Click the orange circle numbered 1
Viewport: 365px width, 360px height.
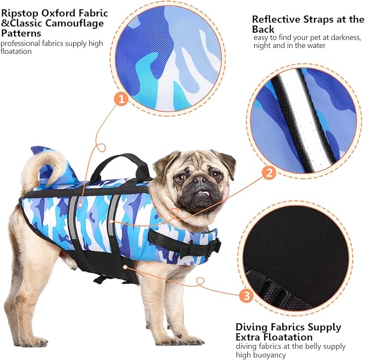tap(121, 99)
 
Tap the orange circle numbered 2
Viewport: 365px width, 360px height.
tap(269, 172)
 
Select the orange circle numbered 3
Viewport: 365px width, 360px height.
tap(245, 294)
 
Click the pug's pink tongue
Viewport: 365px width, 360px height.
tap(203, 194)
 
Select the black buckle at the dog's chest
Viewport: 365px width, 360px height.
tap(214, 247)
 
